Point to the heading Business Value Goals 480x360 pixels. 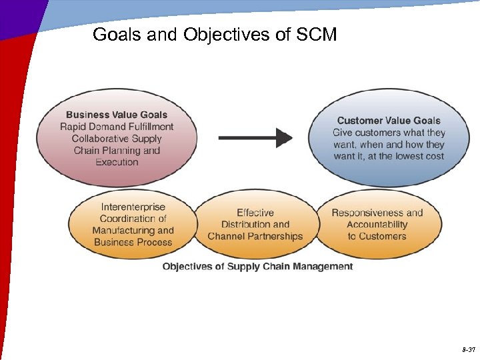pos(117,115)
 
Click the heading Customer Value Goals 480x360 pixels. pos(389,121)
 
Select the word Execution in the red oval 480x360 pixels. pos(117,162)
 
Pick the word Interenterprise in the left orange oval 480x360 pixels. pos(133,207)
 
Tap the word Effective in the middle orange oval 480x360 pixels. pos(255,213)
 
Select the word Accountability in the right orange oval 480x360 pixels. pos(377,224)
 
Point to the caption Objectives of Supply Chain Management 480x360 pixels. pos(258,267)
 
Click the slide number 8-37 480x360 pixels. pos(467,349)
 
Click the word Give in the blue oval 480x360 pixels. pos(344,133)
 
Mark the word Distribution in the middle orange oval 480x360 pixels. pos(245,224)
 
